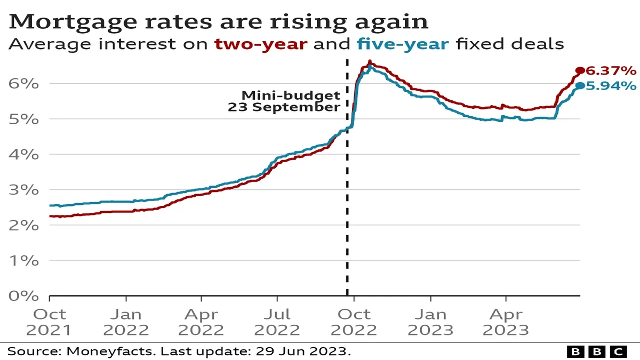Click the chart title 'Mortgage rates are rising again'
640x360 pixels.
pos(218,21)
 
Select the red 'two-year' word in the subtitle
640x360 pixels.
pos(262,44)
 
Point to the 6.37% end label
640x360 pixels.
pos(611,70)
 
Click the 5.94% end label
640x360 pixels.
pos(611,85)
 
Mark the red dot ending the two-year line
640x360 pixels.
pos(579,70)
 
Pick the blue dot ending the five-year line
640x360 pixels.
pos(579,85)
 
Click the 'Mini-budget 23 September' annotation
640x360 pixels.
pos(285,101)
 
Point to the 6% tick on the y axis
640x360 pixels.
pos(23,84)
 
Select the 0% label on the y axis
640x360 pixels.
pos(23,296)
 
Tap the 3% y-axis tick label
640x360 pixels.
pos(23,190)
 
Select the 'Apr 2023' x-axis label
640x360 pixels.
pos(506,322)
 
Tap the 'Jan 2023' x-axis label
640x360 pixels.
pos(430,322)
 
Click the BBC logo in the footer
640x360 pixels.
pos(596,351)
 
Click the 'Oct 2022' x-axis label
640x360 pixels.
pos(354,322)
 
